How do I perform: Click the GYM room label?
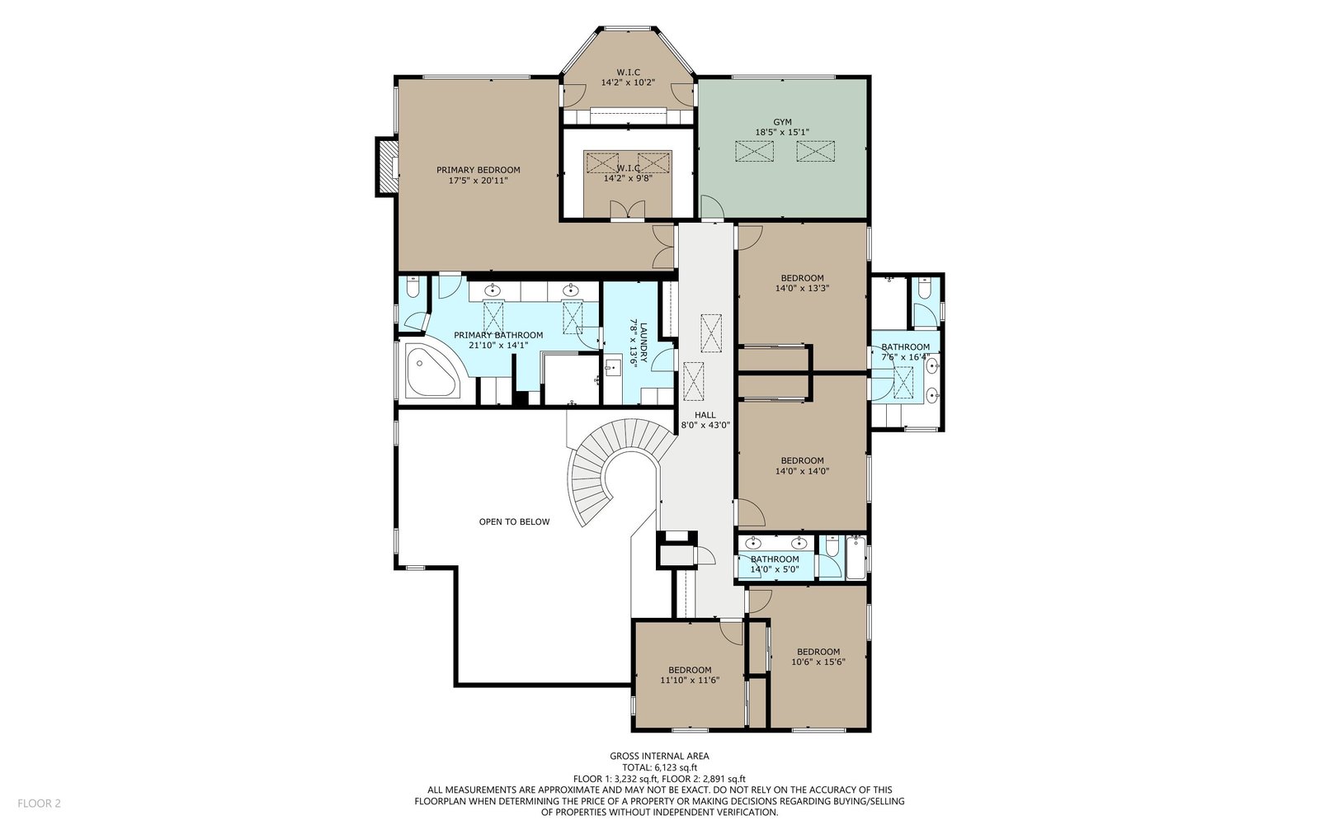782,122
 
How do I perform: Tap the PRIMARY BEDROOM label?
478,170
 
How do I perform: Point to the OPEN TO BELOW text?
514,521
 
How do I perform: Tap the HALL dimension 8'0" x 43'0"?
705,424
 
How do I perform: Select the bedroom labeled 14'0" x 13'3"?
802,283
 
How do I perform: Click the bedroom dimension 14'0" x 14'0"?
802,471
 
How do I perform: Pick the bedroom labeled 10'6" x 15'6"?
818,657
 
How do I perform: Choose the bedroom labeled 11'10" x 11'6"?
690,675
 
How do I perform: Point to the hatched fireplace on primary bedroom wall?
386,166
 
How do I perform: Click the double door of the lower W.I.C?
627,210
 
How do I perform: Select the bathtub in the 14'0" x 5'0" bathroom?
856,558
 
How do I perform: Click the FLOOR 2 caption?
39,804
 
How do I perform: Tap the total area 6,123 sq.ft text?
659,767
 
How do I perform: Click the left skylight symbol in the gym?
754,151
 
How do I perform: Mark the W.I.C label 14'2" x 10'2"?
628,82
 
